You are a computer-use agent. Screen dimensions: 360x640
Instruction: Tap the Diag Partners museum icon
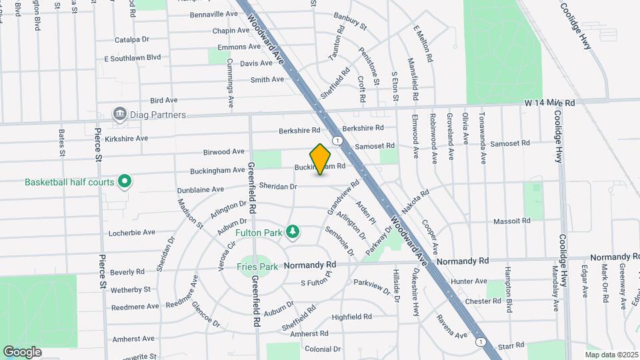(x=120, y=114)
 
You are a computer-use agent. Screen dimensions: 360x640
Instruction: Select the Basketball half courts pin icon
(x=124, y=181)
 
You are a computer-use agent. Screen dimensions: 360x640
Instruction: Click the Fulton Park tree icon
(x=292, y=232)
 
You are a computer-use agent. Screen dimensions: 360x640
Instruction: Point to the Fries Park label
(x=257, y=267)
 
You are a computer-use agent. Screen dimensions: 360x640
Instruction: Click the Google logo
(x=22, y=351)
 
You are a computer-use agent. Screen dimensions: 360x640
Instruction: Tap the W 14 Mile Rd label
(x=549, y=103)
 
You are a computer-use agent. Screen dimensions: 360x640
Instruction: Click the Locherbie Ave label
(x=132, y=232)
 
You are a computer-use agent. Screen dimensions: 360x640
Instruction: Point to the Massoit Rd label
(x=511, y=221)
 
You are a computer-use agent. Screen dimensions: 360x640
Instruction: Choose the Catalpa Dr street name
(x=132, y=39)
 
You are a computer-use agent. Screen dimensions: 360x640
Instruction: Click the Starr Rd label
(x=511, y=346)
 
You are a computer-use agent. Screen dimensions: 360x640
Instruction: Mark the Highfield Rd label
(x=351, y=317)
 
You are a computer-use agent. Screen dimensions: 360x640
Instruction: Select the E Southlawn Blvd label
(x=133, y=58)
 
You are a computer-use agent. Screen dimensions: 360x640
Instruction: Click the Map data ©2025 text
(x=611, y=355)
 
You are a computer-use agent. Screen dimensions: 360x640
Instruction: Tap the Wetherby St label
(x=131, y=290)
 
